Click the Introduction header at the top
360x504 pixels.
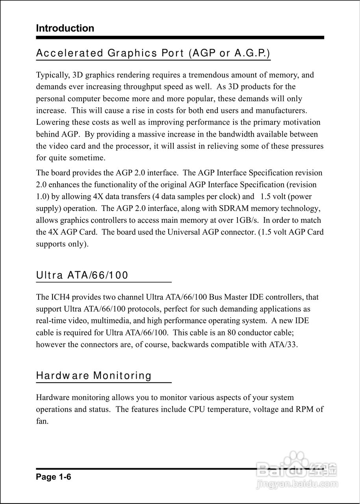pos(65,28)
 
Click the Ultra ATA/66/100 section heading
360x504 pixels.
pos(82,275)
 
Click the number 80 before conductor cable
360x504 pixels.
pos(232,333)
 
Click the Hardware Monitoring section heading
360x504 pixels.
pos(94,376)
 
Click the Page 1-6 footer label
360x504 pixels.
pos(54,477)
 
